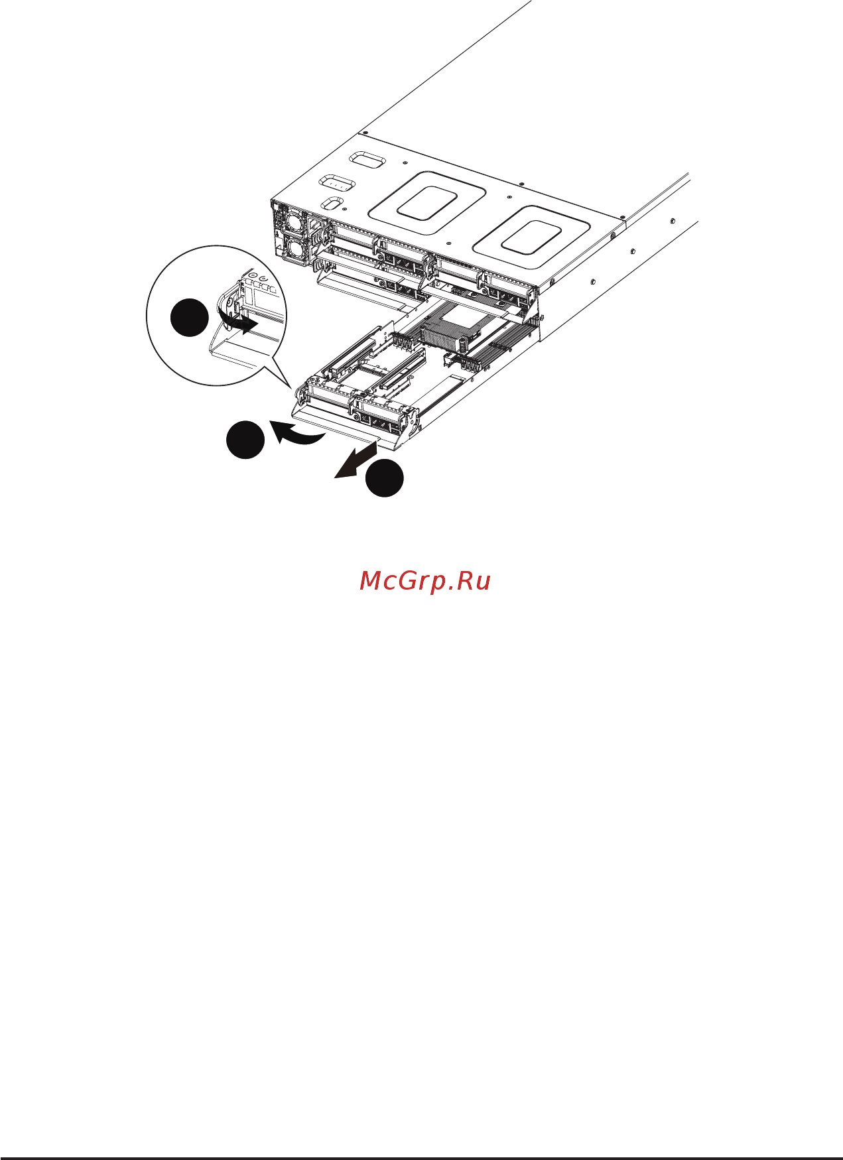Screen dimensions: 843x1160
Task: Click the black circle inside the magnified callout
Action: [190, 318]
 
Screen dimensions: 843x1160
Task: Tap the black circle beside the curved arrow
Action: [245, 439]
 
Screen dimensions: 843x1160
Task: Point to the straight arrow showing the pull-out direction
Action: [356, 460]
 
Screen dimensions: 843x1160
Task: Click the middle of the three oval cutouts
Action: [337, 182]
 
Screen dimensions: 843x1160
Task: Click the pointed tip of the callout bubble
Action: [291, 387]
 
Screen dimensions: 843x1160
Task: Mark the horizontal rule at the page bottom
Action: [421, 1158]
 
